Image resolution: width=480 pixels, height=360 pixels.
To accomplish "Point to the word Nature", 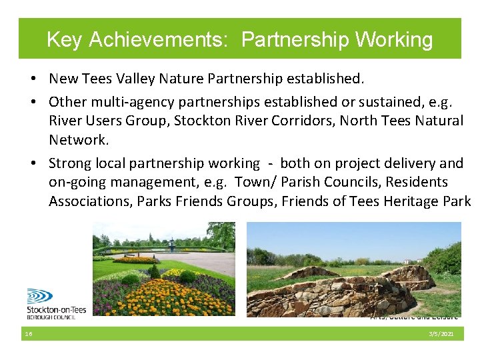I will point(182,79).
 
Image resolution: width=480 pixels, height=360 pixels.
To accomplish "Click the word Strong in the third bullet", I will point(70,163).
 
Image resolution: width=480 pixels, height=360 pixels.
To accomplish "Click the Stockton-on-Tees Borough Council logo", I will point(56,303).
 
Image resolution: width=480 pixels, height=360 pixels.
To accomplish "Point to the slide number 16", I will point(28,333).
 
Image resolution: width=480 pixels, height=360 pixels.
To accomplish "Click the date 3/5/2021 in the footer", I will point(441,333).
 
